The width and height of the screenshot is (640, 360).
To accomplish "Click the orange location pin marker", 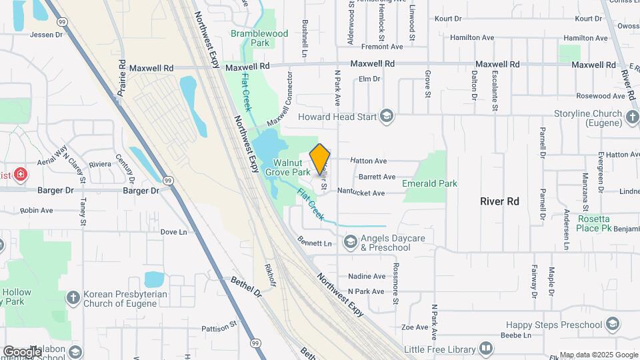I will pos(320,159).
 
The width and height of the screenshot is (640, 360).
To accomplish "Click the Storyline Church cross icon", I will pos(633,117).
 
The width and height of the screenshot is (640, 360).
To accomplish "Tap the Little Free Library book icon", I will pos(487,349).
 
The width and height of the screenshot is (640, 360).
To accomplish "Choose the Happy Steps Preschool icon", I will pos(613,325).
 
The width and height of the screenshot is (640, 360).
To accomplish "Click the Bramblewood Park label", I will pos(259,38).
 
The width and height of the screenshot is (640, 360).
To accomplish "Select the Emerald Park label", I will pos(430,183).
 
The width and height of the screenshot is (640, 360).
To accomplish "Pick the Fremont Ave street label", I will pos(382,47).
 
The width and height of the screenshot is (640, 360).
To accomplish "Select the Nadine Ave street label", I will pos(367,276).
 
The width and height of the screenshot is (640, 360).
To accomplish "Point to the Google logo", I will pos(22,351).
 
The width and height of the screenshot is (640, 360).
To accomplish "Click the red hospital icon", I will pos(21,175).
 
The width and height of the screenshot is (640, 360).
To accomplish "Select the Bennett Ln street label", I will pos(315,243).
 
